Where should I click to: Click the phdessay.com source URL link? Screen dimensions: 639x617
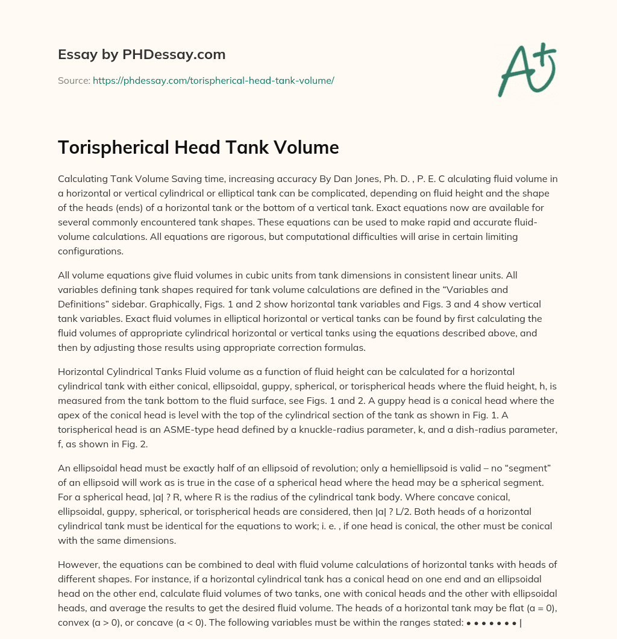tap(213, 80)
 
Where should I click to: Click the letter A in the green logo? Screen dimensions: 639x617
tap(515, 71)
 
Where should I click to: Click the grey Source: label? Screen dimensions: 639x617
tap(74, 80)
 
